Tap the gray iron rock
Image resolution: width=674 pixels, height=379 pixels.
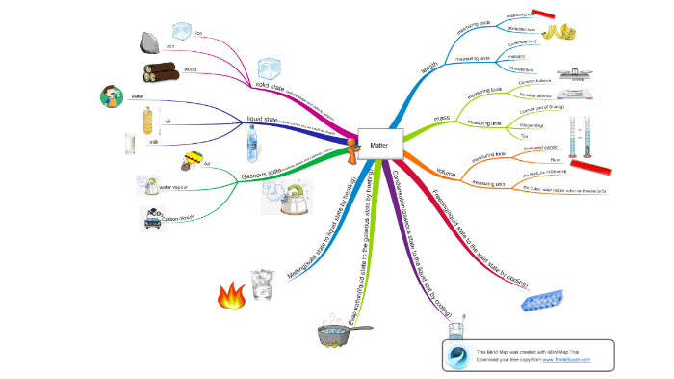coord(149,41)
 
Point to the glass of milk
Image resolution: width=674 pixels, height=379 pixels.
coord(130,144)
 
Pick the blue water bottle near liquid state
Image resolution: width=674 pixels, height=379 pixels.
coord(253,146)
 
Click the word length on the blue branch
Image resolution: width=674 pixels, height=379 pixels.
coord(428,68)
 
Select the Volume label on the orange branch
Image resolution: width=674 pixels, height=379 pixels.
coord(446,172)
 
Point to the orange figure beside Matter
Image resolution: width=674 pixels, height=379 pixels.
coord(354,148)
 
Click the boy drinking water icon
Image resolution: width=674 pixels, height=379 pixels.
coord(113,95)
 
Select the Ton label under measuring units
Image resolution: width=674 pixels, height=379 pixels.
coord(497,137)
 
